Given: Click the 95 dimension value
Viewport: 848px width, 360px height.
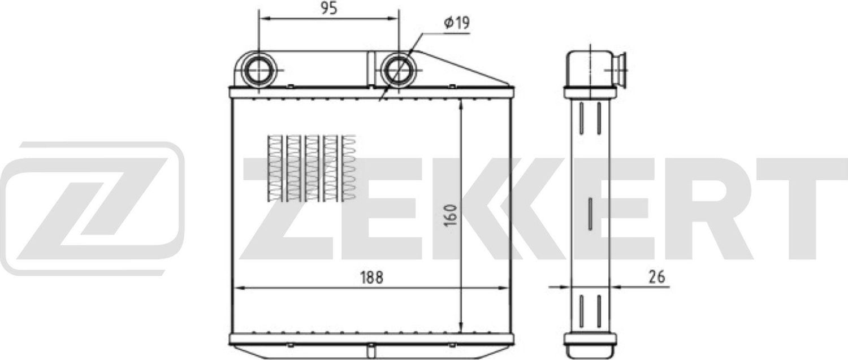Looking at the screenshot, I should coord(328,8).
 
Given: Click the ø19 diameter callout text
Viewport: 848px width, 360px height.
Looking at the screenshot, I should coord(457,23).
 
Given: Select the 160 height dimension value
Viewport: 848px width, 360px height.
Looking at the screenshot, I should coord(451,215).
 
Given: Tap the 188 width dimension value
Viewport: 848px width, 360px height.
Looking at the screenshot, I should coord(371,277).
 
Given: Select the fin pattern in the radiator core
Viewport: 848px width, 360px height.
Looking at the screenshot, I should coord(311,168).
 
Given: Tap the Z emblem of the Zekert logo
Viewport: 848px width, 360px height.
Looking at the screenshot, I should coord(93,207).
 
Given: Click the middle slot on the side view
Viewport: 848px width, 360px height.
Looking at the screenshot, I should coord(590,214).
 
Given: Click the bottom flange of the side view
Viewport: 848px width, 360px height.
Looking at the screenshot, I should coord(590,339).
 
